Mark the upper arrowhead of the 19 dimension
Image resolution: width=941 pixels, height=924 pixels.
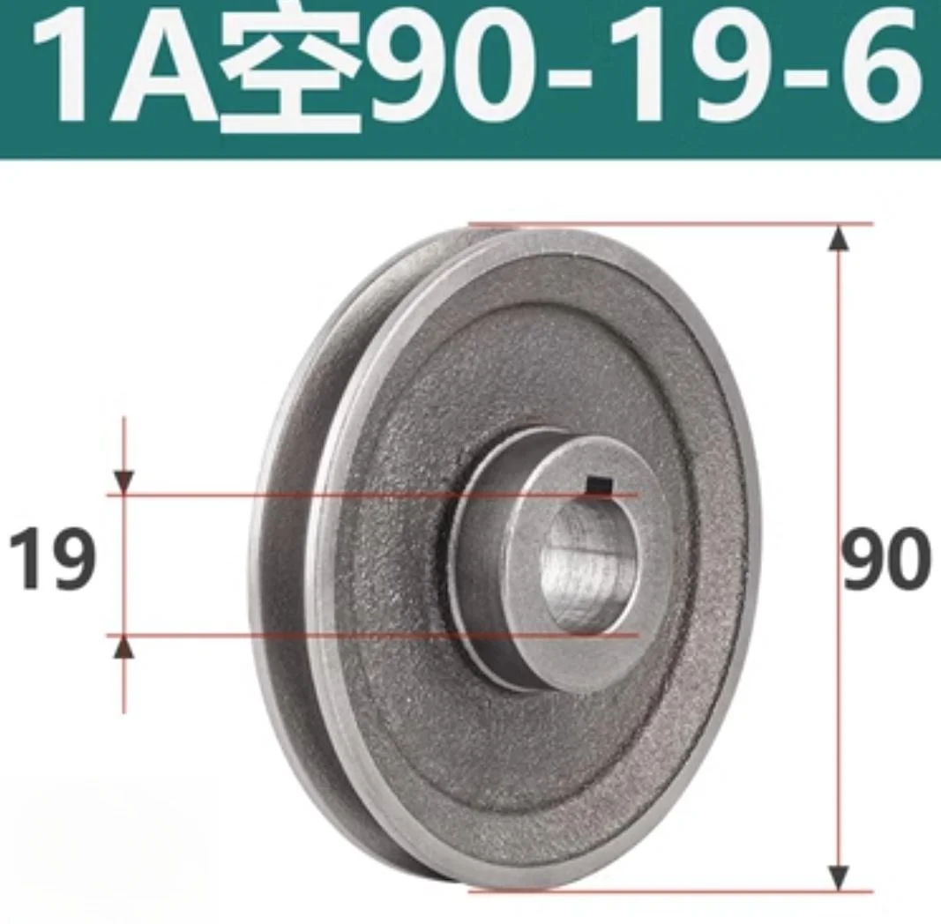124,483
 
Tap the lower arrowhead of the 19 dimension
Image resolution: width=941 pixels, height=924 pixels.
124,647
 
